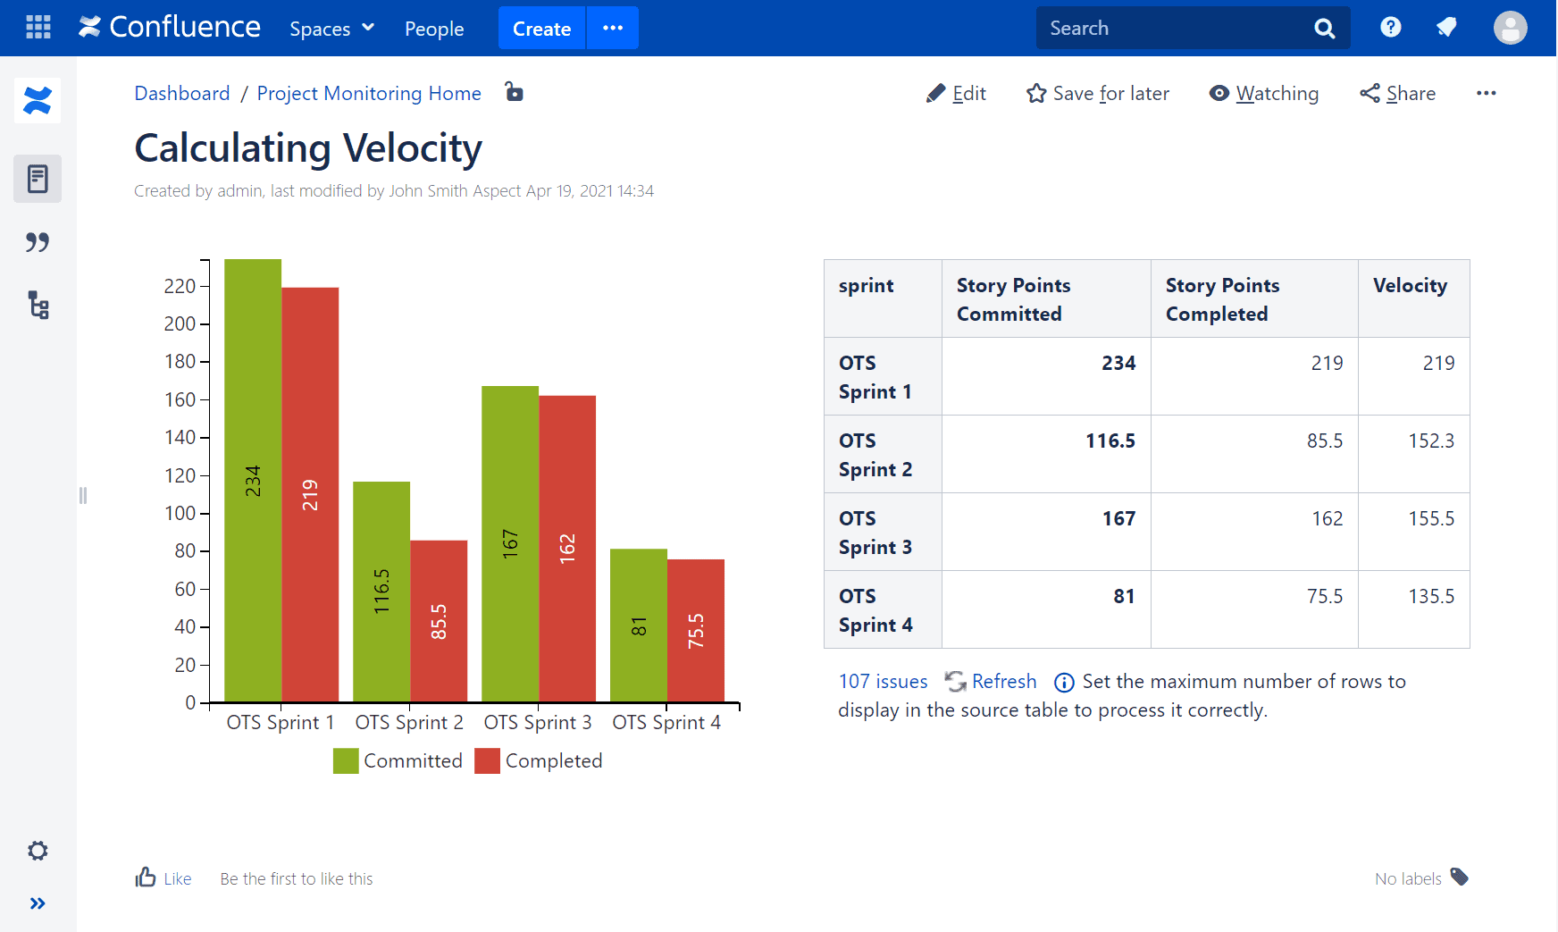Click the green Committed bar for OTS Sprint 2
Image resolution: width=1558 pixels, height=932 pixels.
click(381, 591)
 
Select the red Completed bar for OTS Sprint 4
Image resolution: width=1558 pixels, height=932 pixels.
click(696, 630)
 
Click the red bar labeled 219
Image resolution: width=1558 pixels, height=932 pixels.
click(310, 493)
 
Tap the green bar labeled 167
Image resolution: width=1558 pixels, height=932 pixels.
click(510, 542)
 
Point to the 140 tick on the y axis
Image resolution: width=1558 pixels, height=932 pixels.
click(180, 437)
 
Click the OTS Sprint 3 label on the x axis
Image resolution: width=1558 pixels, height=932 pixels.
click(538, 722)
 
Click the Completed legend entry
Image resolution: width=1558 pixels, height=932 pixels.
click(539, 760)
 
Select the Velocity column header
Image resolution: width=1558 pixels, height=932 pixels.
click(1410, 286)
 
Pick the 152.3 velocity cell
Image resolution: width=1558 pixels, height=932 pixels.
click(1431, 441)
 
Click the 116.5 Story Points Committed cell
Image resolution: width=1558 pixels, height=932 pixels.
click(1110, 441)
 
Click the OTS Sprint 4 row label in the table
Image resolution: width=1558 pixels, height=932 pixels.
click(875, 610)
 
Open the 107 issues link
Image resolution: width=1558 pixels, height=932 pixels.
click(883, 682)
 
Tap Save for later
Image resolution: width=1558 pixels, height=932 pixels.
click(1098, 94)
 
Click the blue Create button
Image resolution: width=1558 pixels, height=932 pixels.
click(541, 29)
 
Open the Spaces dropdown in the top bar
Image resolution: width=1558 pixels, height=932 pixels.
click(331, 29)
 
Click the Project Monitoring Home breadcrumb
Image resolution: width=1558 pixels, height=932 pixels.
click(369, 94)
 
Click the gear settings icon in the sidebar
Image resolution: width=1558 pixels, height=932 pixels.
click(38, 851)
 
